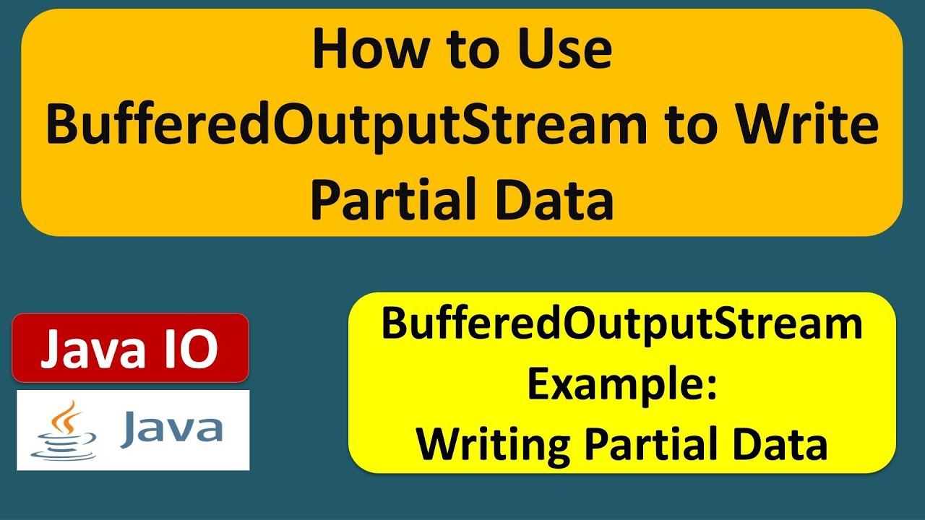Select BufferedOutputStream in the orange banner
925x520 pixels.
pos(348,124)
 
